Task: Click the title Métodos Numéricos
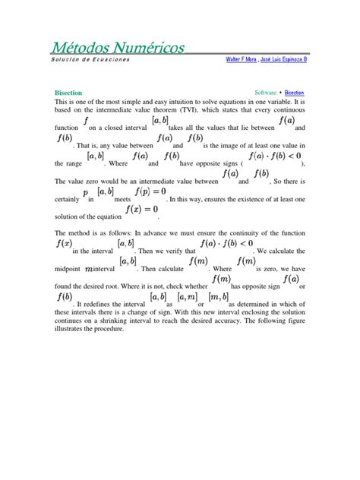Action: click(118, 48)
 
